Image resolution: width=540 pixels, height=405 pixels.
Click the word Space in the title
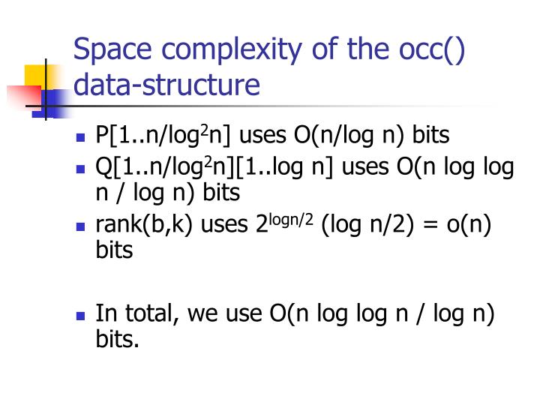[109, 51]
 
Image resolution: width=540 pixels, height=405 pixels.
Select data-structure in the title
[166, 85]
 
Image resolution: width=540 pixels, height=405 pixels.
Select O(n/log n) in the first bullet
[345, 135]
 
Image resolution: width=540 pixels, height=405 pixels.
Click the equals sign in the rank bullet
[427, 223]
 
